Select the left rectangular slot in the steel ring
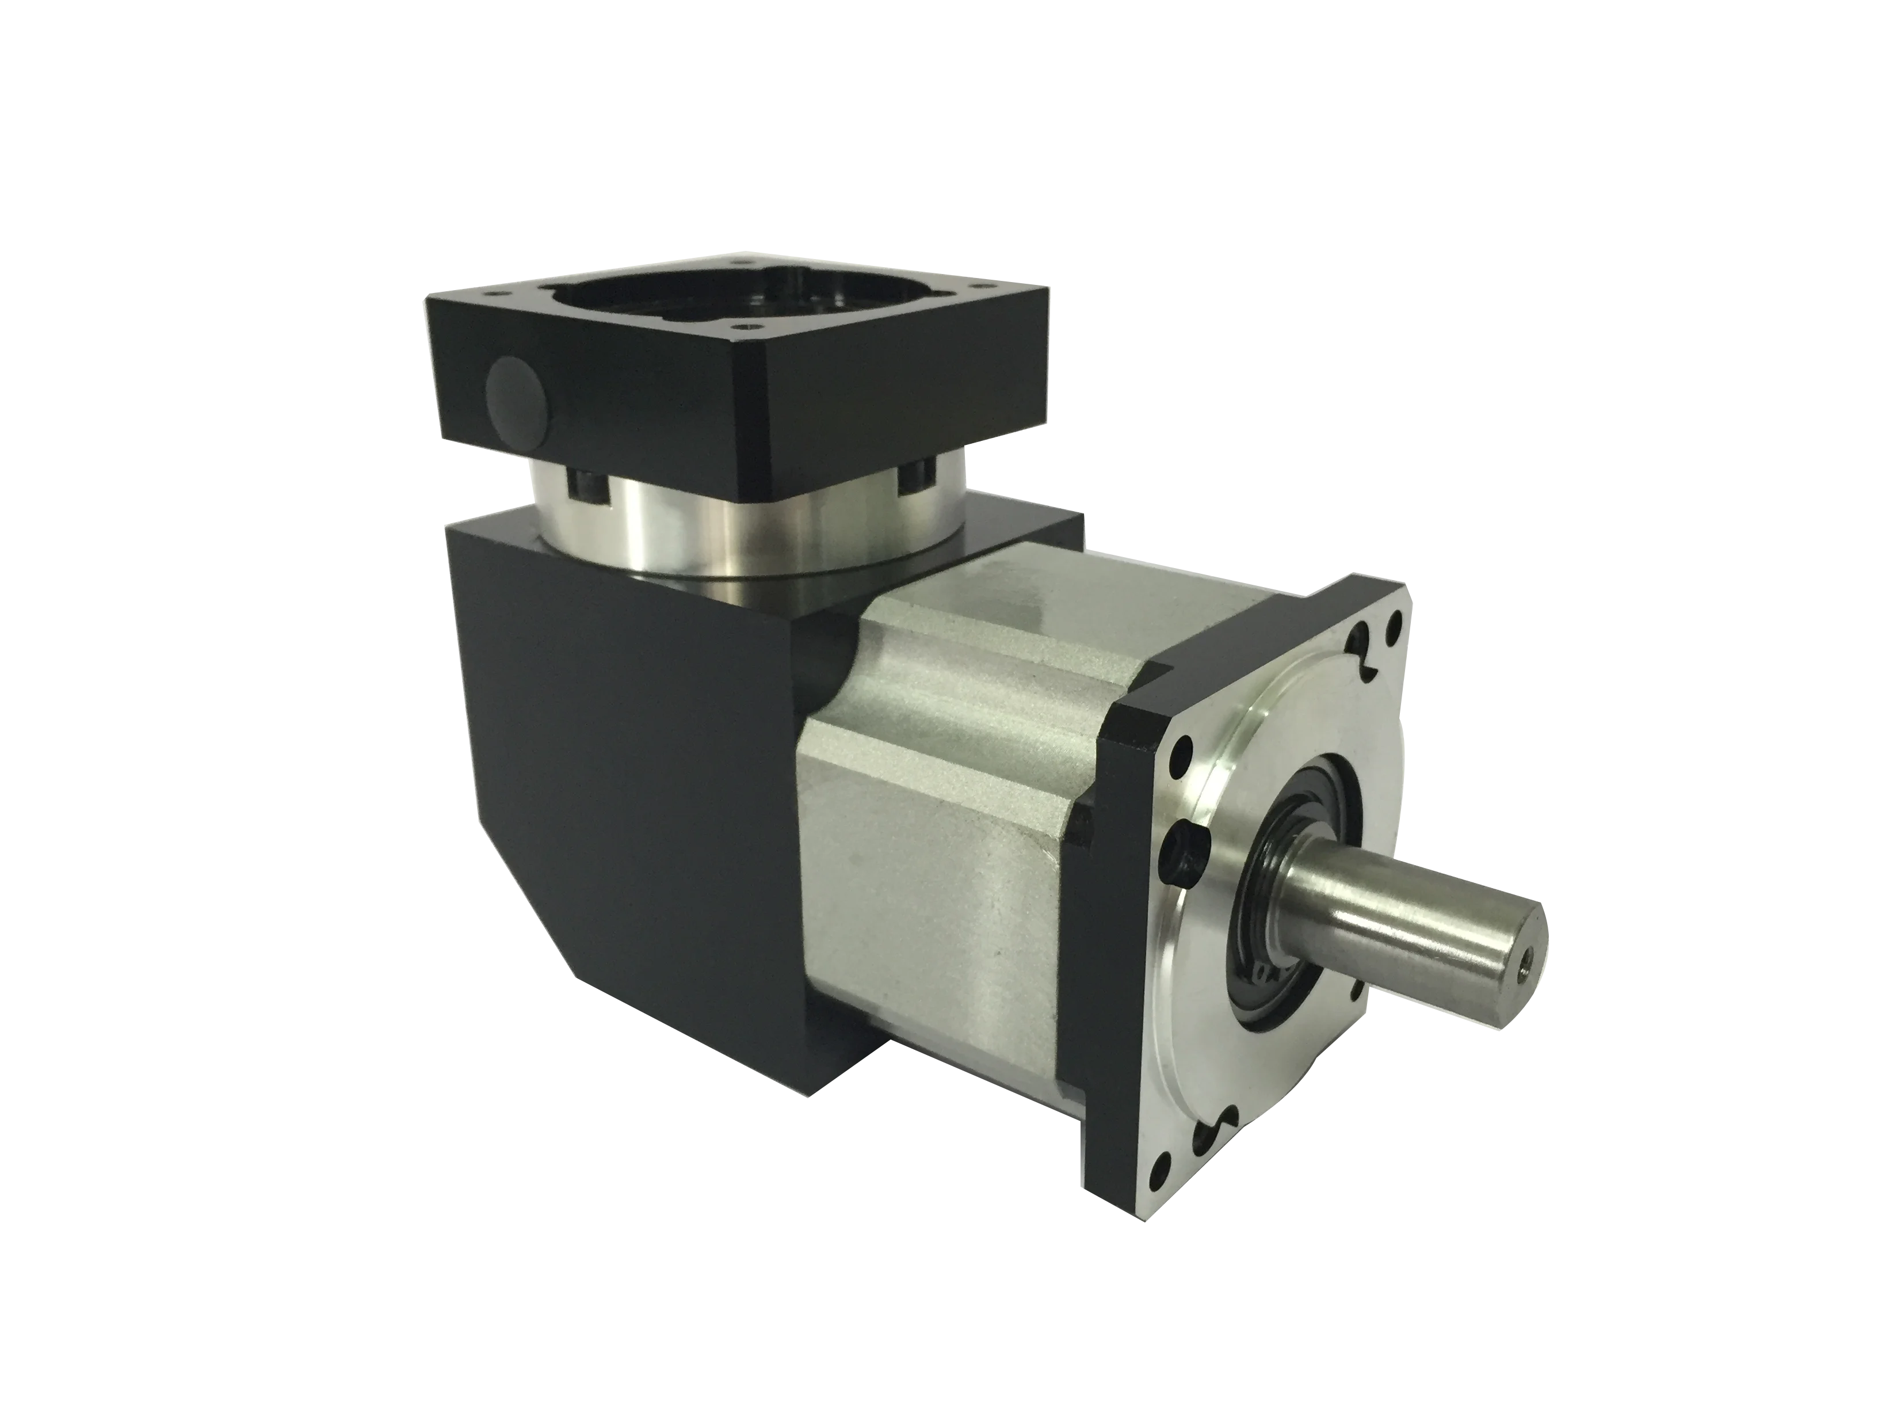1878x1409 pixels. click(584, 488)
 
